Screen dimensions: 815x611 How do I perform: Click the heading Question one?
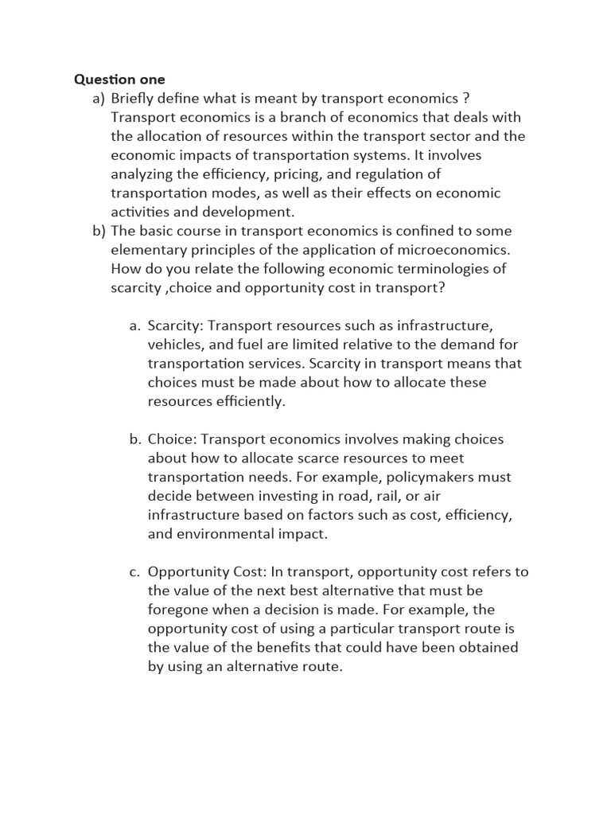119,79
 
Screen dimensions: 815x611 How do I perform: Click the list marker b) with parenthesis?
99,231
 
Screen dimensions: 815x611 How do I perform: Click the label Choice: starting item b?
171,439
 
